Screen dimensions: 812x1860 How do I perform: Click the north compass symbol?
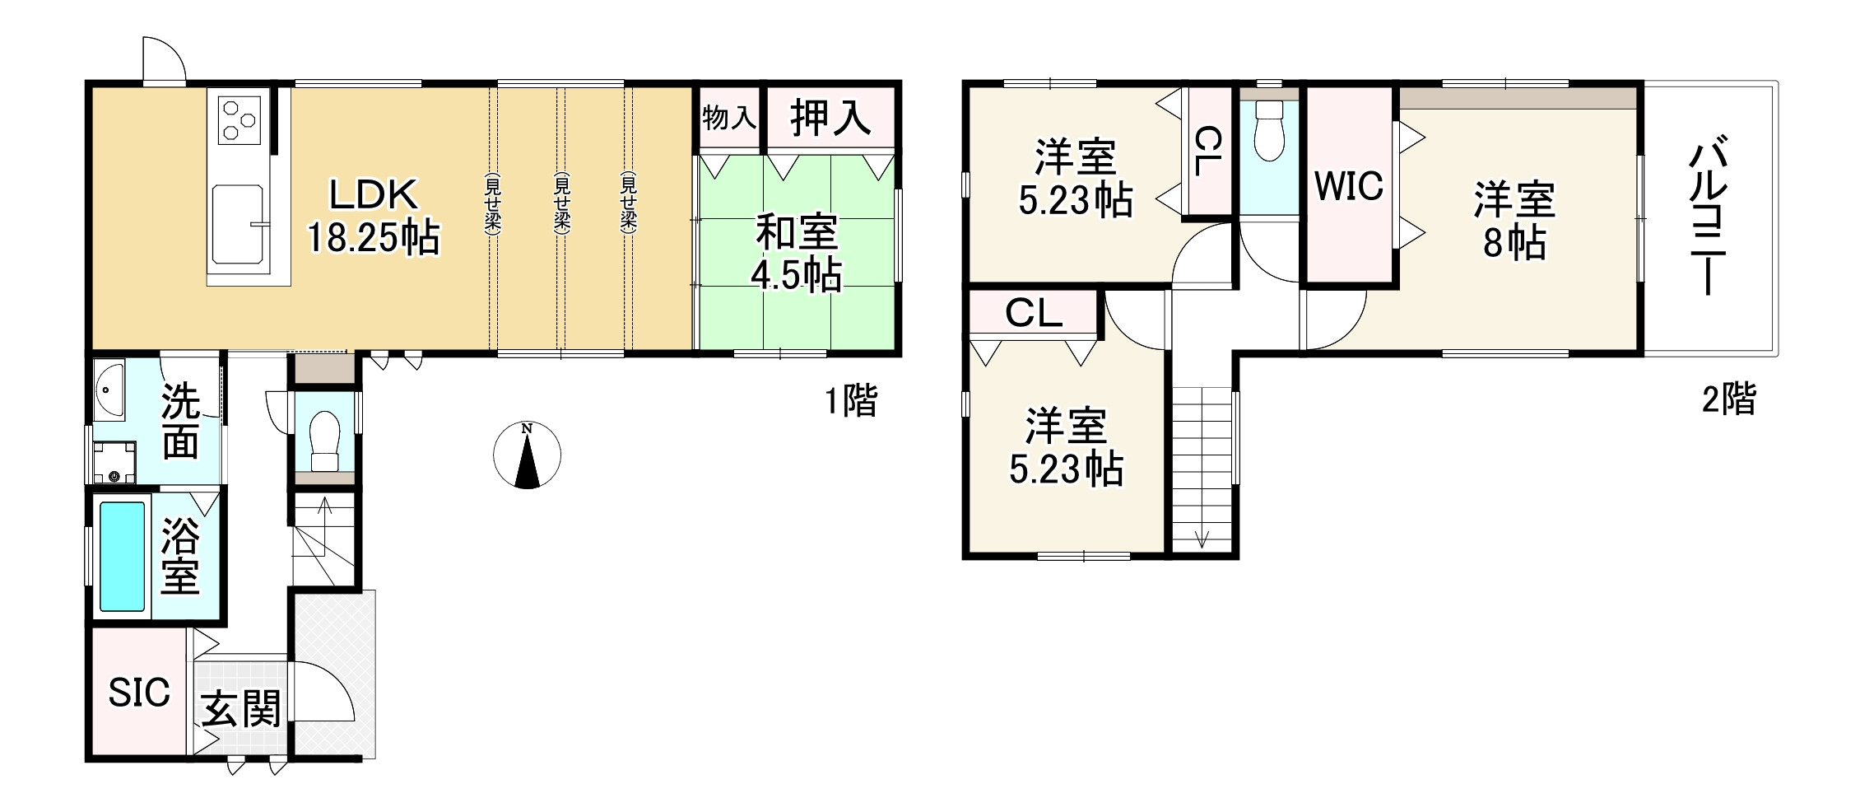coord(527,455)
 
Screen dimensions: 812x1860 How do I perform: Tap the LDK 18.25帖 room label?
coord(374,217)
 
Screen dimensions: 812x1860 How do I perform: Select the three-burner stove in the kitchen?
coord(239,117)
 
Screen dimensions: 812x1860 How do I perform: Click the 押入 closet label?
coord(830,118)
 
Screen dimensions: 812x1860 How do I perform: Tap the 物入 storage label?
coord(729,118)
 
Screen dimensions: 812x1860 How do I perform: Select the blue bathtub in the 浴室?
coord(122,556)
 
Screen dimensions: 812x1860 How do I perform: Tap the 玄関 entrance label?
coord(241,709)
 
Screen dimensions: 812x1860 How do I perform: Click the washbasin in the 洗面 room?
coord(109,391)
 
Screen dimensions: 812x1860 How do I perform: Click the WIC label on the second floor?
coord(1348,187)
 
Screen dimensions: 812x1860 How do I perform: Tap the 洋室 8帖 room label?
coord(1514,222)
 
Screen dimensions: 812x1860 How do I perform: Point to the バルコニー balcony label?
coord(1709,218)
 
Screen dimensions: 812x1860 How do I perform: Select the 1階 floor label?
coord(852,401)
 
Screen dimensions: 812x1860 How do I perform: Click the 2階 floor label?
coord(1728,399)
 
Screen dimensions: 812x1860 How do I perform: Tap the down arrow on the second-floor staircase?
coord(1202,537)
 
